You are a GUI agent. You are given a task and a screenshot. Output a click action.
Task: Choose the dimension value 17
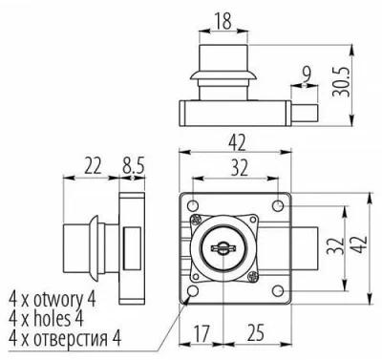pyautogui.click(x=202, y=334)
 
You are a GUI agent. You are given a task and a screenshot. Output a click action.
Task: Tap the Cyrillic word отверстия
pyautogui.click(x=76, y=336)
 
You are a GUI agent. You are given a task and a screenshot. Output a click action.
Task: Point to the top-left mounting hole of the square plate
pyautogui.click(x=194, y=204)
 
